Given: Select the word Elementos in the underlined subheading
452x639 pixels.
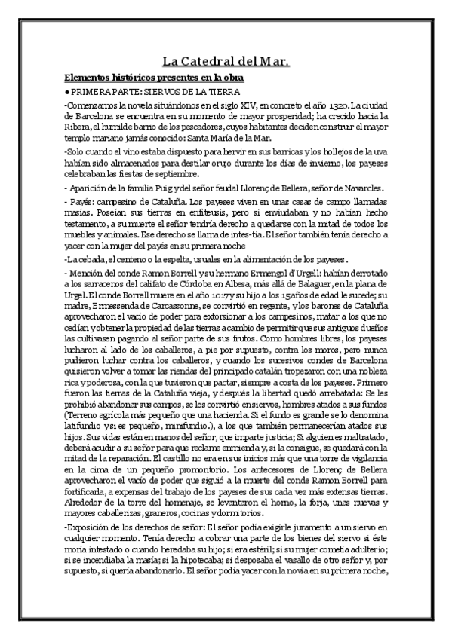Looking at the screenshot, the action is pyautogui.click(x=88, y=78).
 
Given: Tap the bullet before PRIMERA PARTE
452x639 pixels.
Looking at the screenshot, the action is pyautogui.click(x=67, y=91).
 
